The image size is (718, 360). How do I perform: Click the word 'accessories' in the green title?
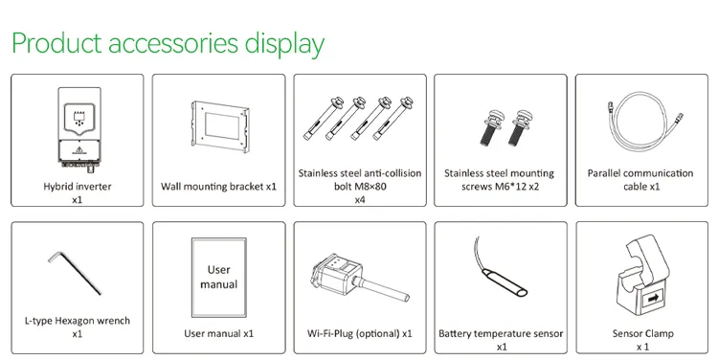pyautogui.click(x=173, y=43)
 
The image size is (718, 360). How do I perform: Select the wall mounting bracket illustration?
pyautogui.click(x=220, y=126)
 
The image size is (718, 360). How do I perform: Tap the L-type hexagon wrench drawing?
pyautogui.click(x=74, y=272)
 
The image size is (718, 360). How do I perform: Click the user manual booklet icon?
pyautogui.click(x=219, y=277)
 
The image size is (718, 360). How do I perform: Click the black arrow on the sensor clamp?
pyautogui.click(x=653, y=299)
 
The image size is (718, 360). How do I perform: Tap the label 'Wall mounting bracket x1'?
pyautogui.click(x=219, y=187)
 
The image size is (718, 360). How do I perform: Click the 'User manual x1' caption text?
pyautogui.click(x=219, y=333)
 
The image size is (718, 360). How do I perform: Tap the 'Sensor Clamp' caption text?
pyautogui.click(x=643, y=333)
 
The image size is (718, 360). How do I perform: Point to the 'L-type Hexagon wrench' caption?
pyautogui.click(x=78, y=321)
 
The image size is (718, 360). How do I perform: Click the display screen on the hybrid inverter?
pyautogui.click(x=79, y=117)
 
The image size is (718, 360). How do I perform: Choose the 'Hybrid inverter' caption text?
pyautogui.click(x=78, y=187)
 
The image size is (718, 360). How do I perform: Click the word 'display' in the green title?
pyautogui.click(x=284, y=44)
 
